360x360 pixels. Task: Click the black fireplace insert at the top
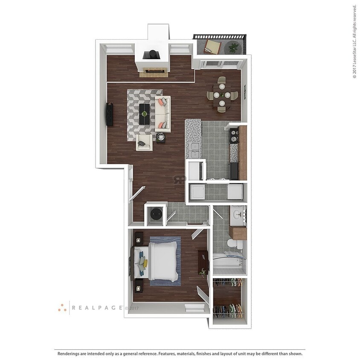point(151,55)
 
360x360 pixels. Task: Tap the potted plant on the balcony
point(233,47)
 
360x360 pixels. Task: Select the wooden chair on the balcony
point(212,46)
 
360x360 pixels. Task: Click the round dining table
point(221,95)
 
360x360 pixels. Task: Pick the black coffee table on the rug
point(145,114)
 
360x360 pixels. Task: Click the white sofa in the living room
point(163,114)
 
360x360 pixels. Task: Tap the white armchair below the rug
point(144,143)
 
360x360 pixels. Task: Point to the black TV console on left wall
point(110,114)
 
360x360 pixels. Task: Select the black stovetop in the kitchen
point(234,136)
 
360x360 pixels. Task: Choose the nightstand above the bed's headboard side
point(139,238)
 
